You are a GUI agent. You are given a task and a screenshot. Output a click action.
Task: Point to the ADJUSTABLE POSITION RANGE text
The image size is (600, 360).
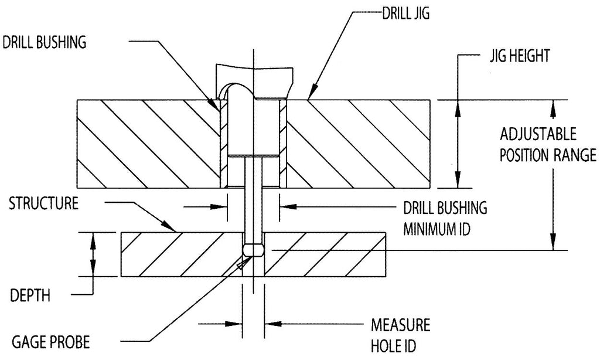point(547,145)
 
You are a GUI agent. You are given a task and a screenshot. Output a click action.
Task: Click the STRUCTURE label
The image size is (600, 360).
point(43,205)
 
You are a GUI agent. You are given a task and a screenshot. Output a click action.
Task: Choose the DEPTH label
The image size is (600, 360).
point(30,296)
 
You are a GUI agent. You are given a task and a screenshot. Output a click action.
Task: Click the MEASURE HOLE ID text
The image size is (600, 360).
point(401,335)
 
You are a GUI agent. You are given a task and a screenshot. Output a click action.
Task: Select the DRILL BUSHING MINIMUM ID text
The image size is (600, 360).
point(445,218)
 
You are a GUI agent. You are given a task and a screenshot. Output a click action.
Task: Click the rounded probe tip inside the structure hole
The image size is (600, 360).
point(253,250)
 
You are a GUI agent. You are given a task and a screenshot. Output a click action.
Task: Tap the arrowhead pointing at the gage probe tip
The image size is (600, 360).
point(241,266)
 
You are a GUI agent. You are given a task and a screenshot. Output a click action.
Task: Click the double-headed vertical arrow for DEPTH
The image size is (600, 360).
point(91,254)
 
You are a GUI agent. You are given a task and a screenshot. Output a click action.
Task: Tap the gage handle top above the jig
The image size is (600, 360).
point(253,73)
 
